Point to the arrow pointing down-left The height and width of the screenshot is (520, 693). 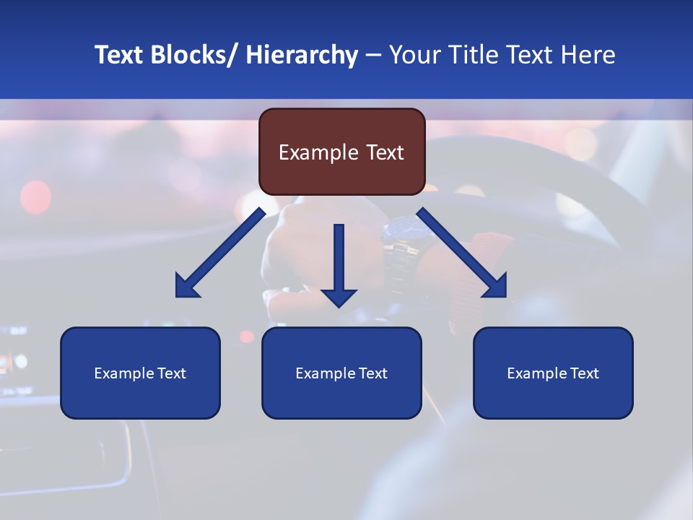[217, 255]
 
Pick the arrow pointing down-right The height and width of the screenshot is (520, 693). [464, 255]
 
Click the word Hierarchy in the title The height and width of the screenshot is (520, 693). [302, 55]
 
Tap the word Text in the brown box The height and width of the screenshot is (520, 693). [385, 152]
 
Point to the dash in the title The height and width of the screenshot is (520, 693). [373, 56]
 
